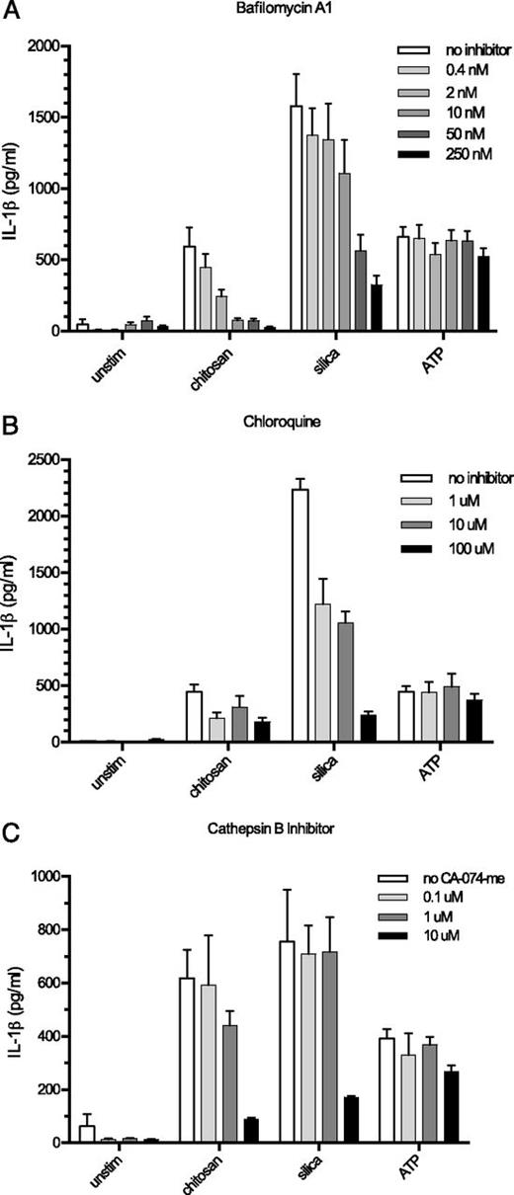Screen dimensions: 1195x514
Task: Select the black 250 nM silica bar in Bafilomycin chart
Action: [377, 308]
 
